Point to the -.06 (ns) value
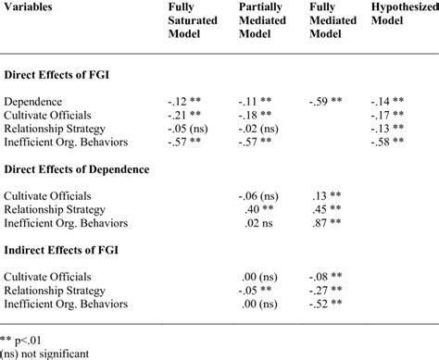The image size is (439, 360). pos(256,194)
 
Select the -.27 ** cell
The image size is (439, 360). pos(326,289)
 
